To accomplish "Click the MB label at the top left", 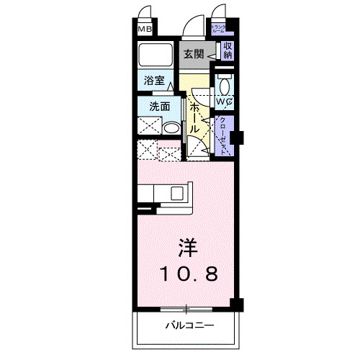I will [145, 30].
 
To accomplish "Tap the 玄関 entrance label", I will [192, 54].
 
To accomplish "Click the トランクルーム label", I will [218, 30].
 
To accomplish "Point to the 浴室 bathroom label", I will [154, 81].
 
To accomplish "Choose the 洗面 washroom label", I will [159, 106].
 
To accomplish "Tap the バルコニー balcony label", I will [189, 326].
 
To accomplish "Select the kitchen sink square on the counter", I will [176, 192].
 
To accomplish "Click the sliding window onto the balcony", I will [186, 310].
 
